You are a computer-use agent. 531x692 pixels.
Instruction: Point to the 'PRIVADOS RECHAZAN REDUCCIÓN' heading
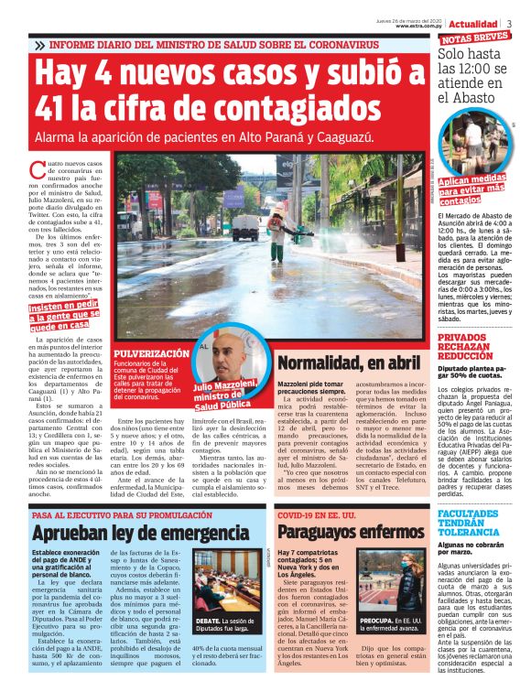point(472,350)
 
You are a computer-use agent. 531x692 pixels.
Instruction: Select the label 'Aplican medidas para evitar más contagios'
point(474,190)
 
